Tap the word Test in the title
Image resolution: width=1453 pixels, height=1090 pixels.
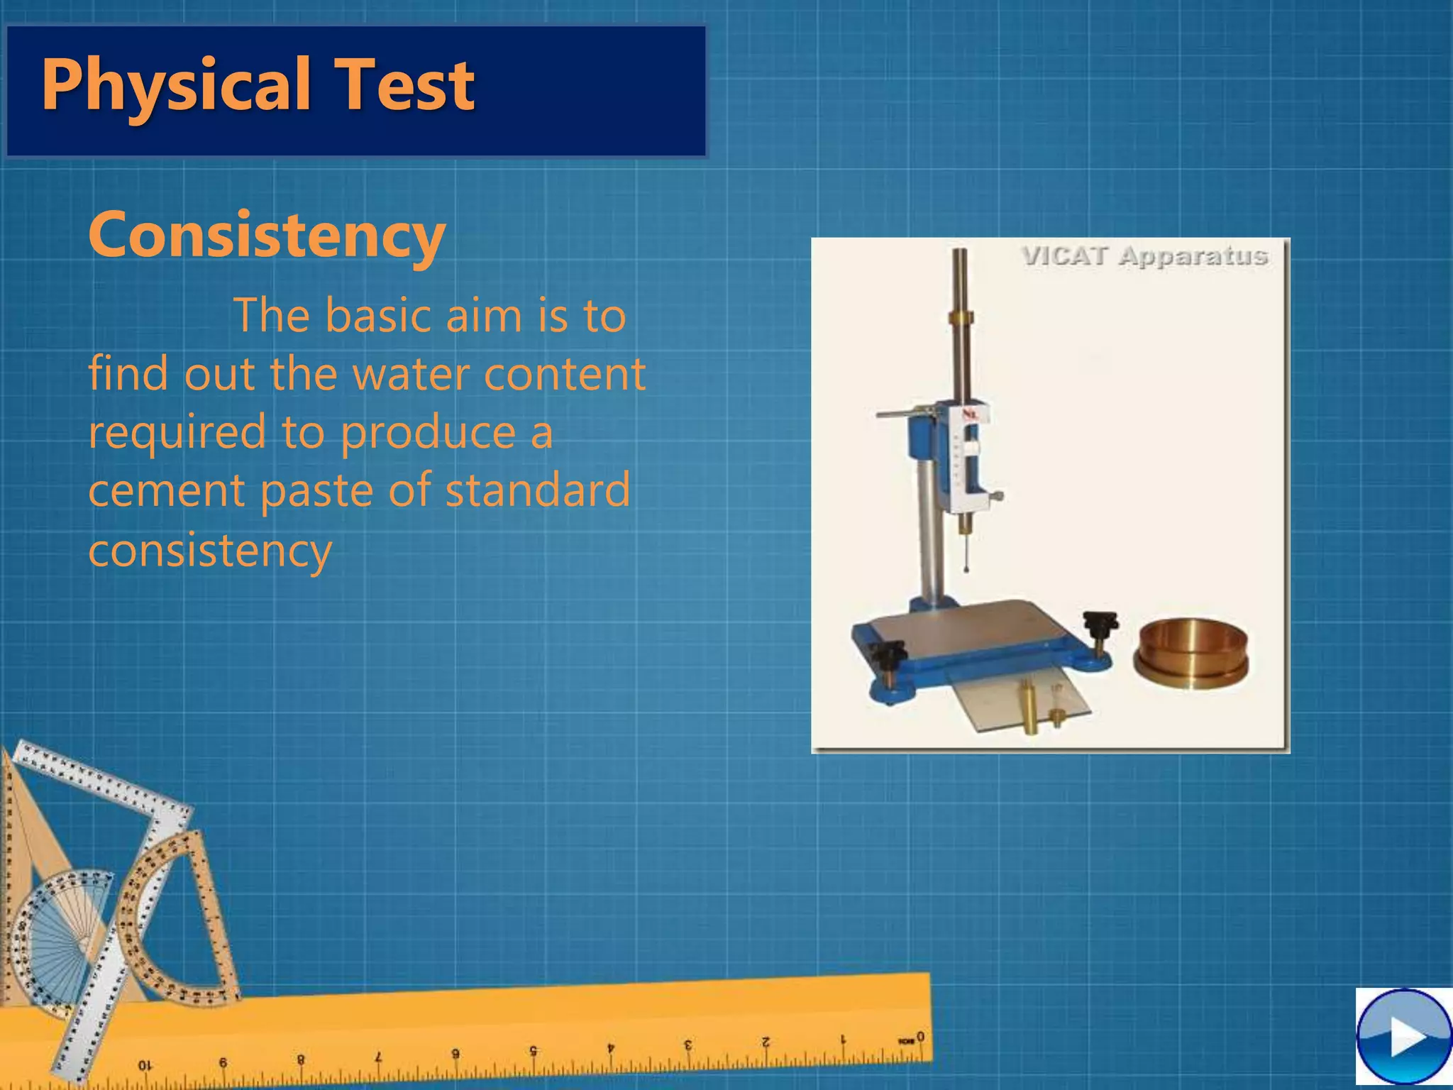tap(404, 86)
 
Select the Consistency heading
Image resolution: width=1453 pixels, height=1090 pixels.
tap(267, 235)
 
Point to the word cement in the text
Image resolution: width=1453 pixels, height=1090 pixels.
tap(166, 490)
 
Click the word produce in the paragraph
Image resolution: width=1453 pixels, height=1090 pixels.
tap(429, 432)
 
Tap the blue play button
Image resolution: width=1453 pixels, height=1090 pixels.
tap(1403, 1037)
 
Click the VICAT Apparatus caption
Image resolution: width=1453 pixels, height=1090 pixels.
tap(1144, 256)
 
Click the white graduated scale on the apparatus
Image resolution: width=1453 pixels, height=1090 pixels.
tap(965, 461)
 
